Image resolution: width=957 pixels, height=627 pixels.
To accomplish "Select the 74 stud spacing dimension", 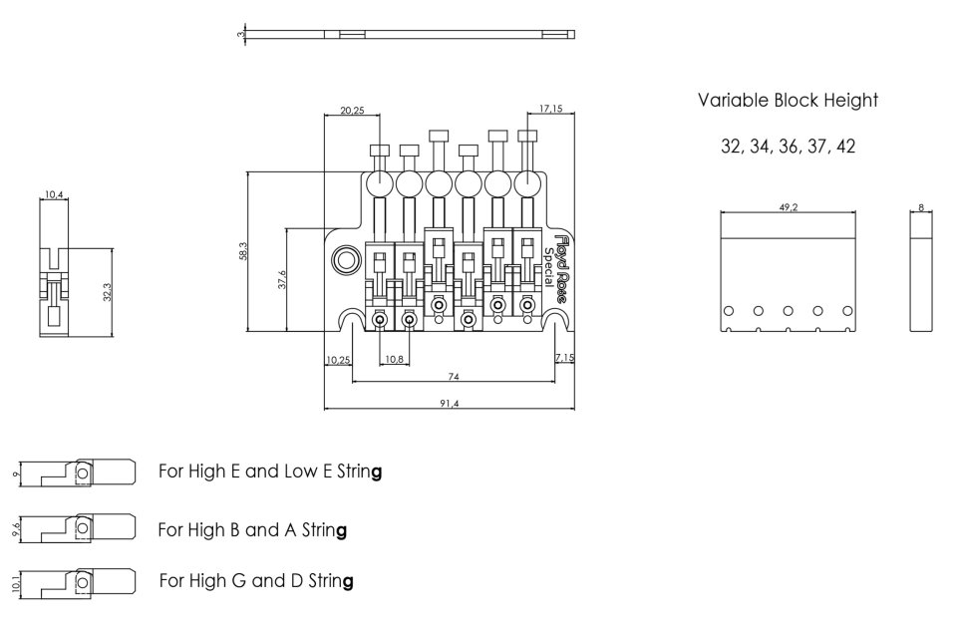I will pyautogui.click(x=452, y=376).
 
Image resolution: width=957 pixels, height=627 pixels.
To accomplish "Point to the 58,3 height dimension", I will pyautogui.click(x=241, y=251).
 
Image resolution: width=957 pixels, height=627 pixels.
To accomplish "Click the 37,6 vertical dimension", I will pyautogui.click(x=282, y=281).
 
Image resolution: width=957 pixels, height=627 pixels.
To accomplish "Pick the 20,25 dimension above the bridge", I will pyautogui.click(x=351, y=111).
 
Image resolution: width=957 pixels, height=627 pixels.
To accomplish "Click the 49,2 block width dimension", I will pyautogui.click(x=788, y=207).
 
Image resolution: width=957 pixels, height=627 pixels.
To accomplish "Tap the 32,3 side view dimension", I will pyautogui.click(x=107, y=291).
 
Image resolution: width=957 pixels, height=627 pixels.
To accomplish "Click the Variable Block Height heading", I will pyautogui.click(x=788, y=101).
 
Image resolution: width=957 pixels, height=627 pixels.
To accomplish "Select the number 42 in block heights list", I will pyautogui.click(x=845, y=146).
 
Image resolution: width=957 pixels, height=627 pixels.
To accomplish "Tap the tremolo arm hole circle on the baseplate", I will pyautogui.click(x=346, y=260).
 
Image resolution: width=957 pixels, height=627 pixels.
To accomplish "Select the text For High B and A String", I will pyautogui.click(x=252, y=529).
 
